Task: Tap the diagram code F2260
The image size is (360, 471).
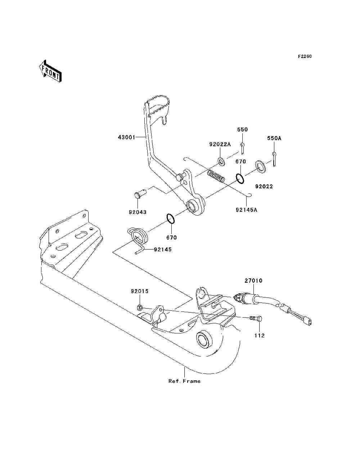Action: tap(305, 57)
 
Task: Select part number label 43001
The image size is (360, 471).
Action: tap(127, 137)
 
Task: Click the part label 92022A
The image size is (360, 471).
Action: tap(220, 144)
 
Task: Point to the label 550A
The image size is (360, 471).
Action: tap(274, 138)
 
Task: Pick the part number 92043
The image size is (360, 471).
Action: tap(138, 212)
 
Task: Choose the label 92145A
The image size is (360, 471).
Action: tap(246, 210)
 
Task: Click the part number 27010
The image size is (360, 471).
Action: tap(253, 281)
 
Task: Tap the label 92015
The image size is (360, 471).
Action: tap(140, 291)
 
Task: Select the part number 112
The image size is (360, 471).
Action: tap(260, 335)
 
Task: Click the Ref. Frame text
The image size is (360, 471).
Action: tap(185, 381)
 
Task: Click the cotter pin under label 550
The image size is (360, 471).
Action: tap(242, 148)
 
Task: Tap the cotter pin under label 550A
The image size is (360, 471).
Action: tap(274, 159)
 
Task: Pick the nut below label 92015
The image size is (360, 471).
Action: tap(139, 308)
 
